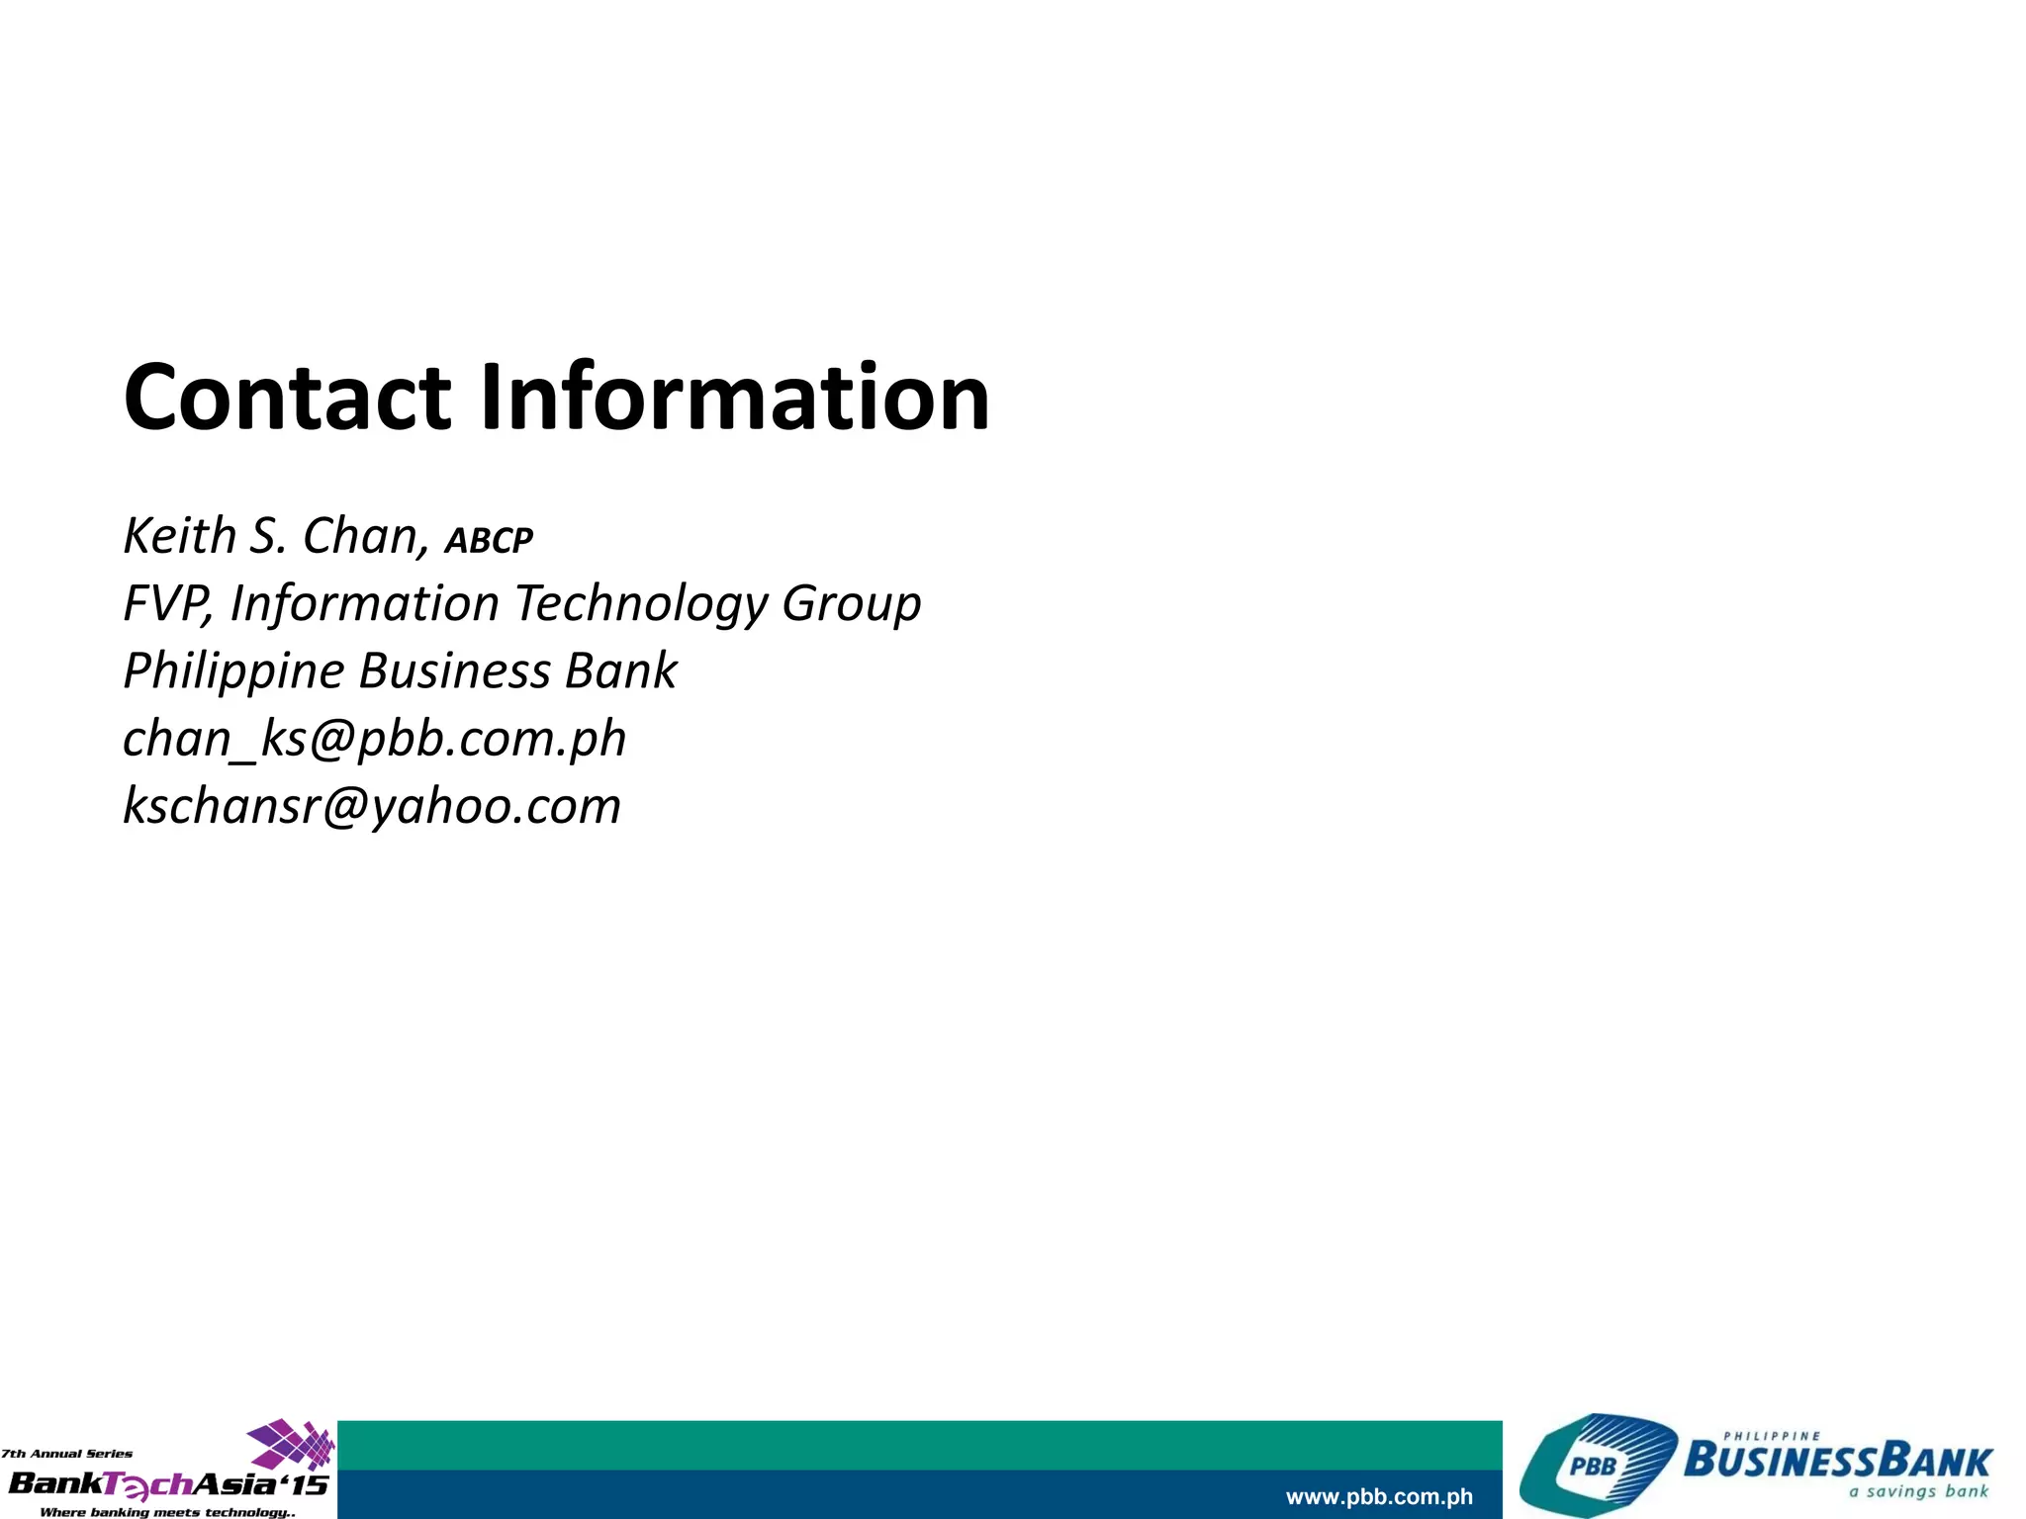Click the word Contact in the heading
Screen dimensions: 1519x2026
coord(287,398)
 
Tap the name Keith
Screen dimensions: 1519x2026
coord(179,536)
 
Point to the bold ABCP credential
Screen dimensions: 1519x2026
coord(489,541)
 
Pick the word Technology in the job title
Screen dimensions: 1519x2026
coord(641,603)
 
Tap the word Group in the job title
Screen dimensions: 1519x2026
coord(851,605)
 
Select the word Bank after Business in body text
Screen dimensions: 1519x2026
coord(621,670)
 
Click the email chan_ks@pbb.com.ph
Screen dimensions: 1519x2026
coord(374,739)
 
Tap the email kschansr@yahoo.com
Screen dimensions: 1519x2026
coord(372,806)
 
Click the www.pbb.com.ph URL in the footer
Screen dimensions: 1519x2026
coord(1379,1497)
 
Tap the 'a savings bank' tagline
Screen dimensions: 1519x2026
coord(1919,1492)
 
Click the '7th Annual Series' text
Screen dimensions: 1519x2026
coord(66,1454)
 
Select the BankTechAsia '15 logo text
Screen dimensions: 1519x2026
coord(168,1483)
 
